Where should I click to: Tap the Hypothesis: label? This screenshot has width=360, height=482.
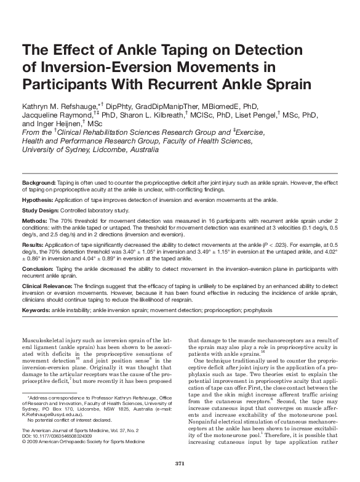40,200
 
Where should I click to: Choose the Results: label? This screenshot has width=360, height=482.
34,245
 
